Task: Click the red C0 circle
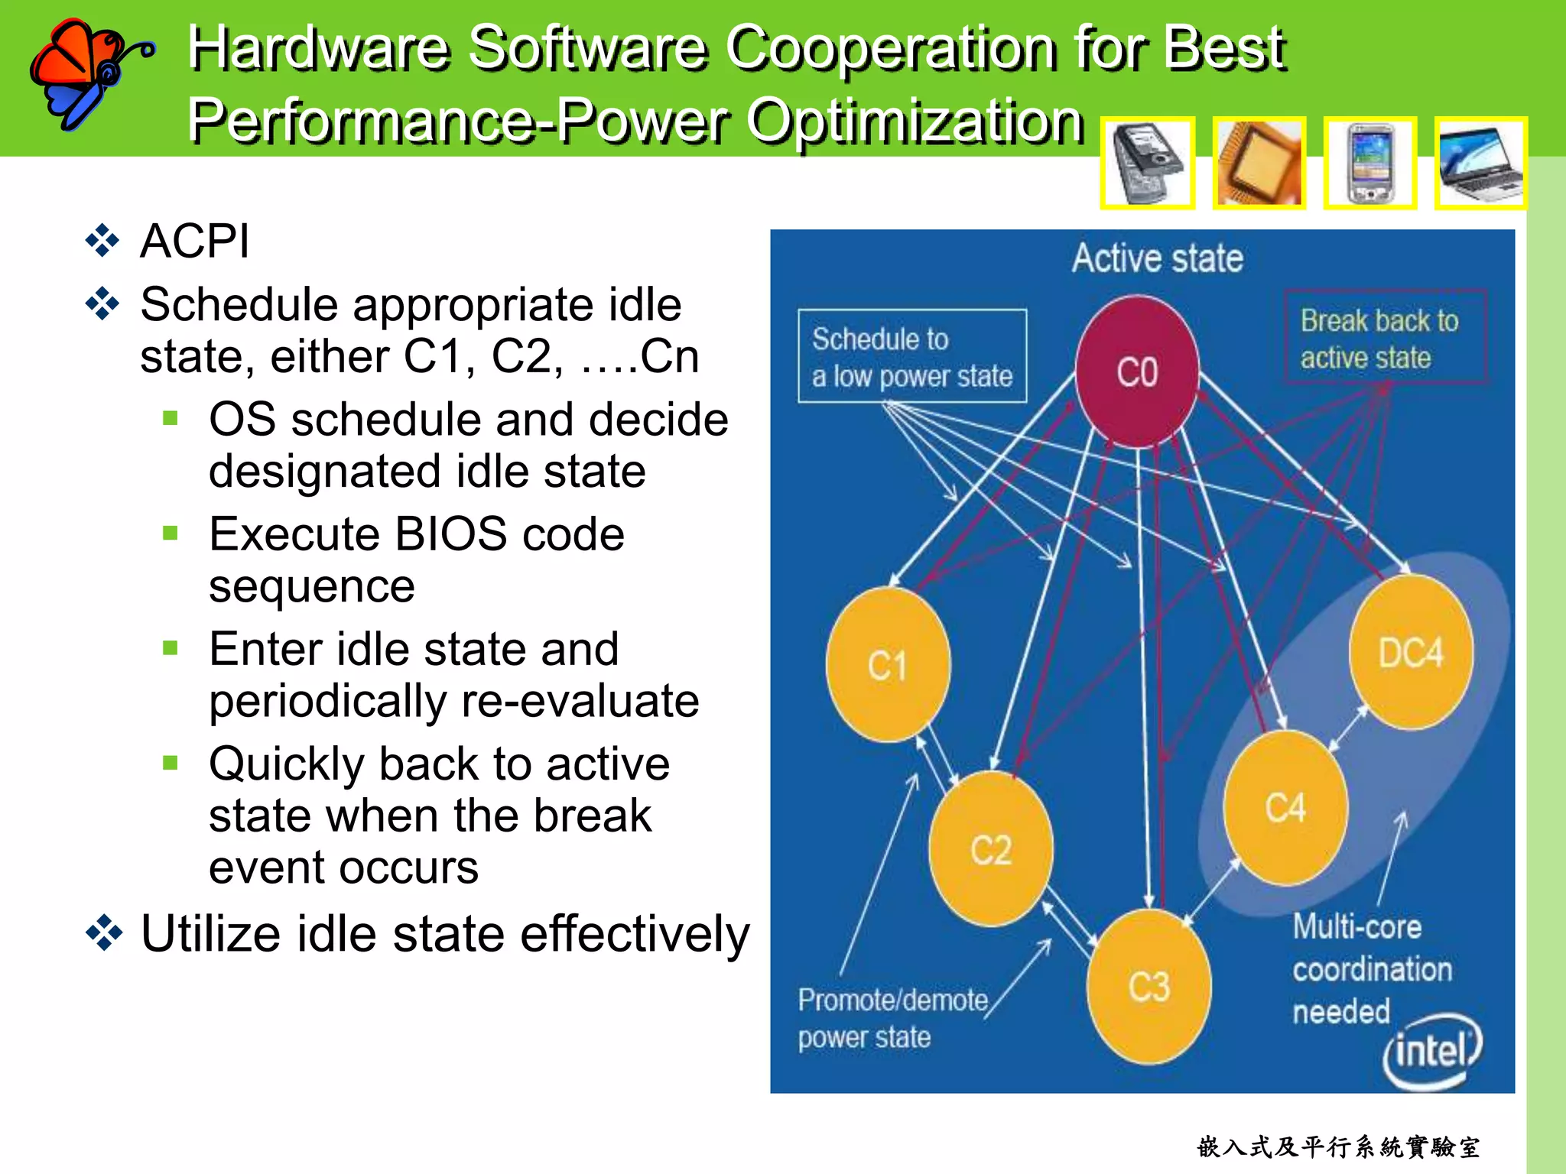tap(1137, 371)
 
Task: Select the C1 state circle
tap(888, 665)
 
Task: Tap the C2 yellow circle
tap(991, 848)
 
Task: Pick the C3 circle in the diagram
tap(1149, 986)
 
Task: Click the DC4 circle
tap(1411, 653)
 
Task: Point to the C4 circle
tap(1285, 808)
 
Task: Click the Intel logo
tap(1432, 1051)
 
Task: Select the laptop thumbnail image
tap(1480, 163)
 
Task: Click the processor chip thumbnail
tap(1259, 163)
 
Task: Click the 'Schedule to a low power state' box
tap(912, 356)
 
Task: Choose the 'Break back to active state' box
tap(1385, 338)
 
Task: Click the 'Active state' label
tap(1157, 258)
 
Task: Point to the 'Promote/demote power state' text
tap(892, 1019)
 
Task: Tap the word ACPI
tap(194, 242)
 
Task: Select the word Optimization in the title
tap(915, 121)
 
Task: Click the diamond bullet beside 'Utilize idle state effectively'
tap(103, 933)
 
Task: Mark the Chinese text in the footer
tap(1338, 1146)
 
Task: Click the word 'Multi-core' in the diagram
tap(1357, 926)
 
